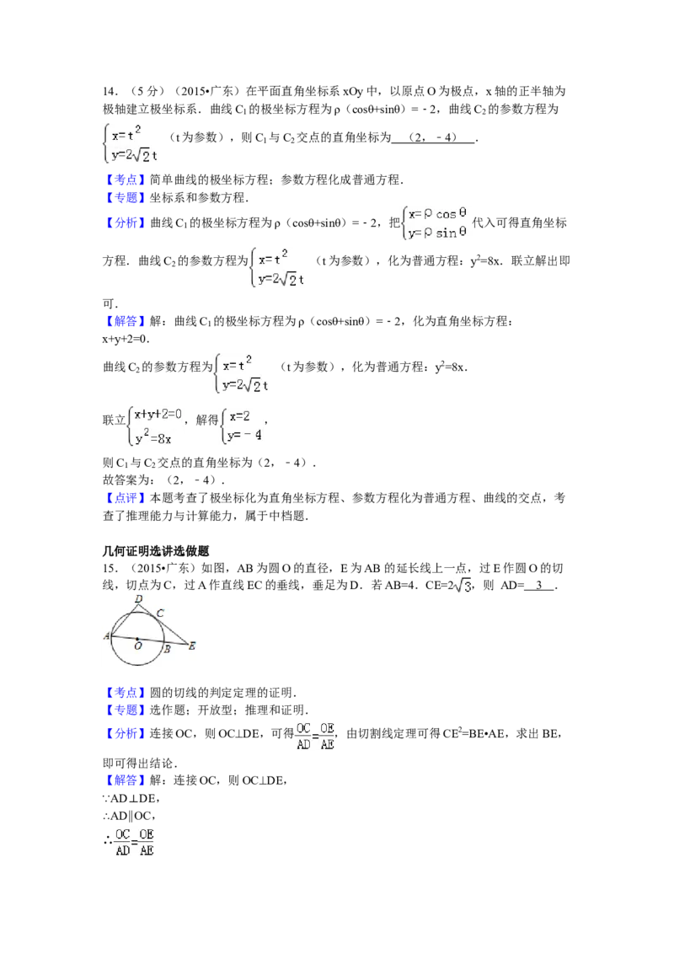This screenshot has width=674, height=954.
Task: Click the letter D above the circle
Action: (x=138, y=599)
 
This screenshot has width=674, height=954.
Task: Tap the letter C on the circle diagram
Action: (x=160, y=613)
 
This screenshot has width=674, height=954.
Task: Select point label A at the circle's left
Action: (x=107, y=637)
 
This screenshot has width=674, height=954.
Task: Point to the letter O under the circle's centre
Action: (x=137, y=646)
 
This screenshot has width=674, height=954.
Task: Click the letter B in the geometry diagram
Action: (x=167, y=649)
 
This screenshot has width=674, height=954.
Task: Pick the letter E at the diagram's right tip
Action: (x=191, y=646)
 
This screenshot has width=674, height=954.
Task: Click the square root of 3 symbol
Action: (x=462, y=587)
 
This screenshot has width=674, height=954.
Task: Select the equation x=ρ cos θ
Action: (x=439, y=214)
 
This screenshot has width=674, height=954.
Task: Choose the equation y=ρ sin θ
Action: (x=437, y=233)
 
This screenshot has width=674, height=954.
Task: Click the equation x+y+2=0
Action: (x=158, y=415)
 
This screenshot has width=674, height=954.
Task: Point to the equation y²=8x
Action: (x=153, y=438)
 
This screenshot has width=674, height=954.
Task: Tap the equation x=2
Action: (x=239, y=415)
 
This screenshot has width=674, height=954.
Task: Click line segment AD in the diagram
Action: (x=125, y=620)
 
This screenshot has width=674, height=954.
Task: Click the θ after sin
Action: (x=463, y=233)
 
